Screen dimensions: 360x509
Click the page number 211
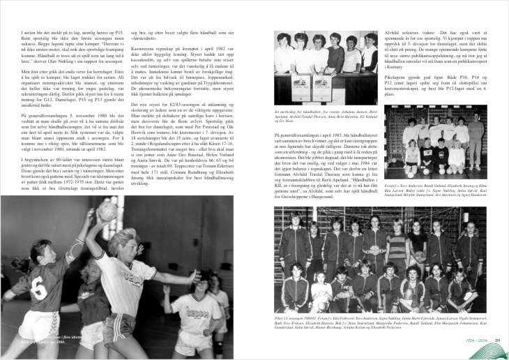pyautogui.click(x=498, y=340)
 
